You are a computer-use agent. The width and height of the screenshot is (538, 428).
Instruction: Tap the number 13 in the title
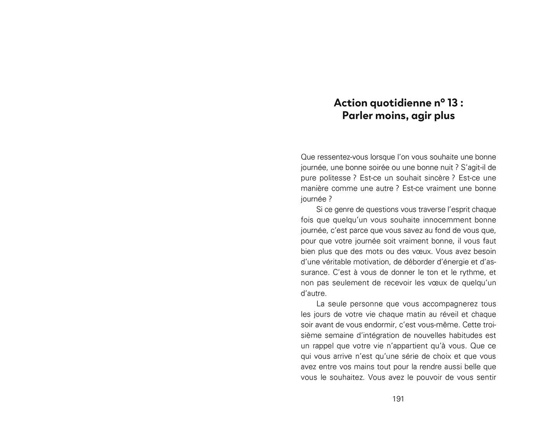[453, 103]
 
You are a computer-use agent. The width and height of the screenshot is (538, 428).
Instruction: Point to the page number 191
[398, 399]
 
